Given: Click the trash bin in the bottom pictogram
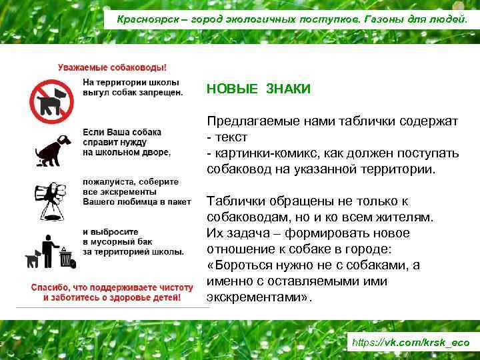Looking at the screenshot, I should pyautogui.click(x=65, y=257).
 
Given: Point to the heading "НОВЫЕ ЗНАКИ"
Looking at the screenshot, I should pyautogui.click(x=258, y=89).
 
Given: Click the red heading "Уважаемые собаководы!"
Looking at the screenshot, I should pyautogui.click(x=113, y=67).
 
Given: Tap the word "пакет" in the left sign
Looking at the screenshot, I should pyautogui.click(x=179, y=201).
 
